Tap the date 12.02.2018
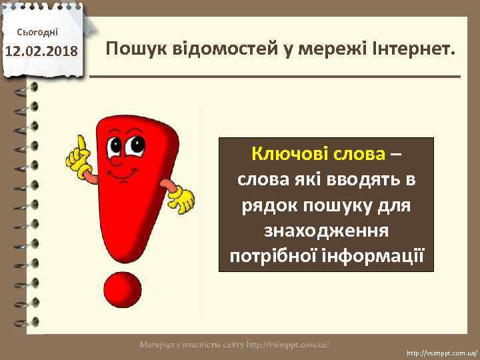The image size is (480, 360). pyautogui.click(x=41, y=51)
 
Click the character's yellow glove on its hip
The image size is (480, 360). pyautogui.click(x=183, y=198)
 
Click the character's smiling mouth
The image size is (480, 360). pyautogui.click(x=122, y=175)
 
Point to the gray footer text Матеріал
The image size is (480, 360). pyautogui.click(x=156, y=345)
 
